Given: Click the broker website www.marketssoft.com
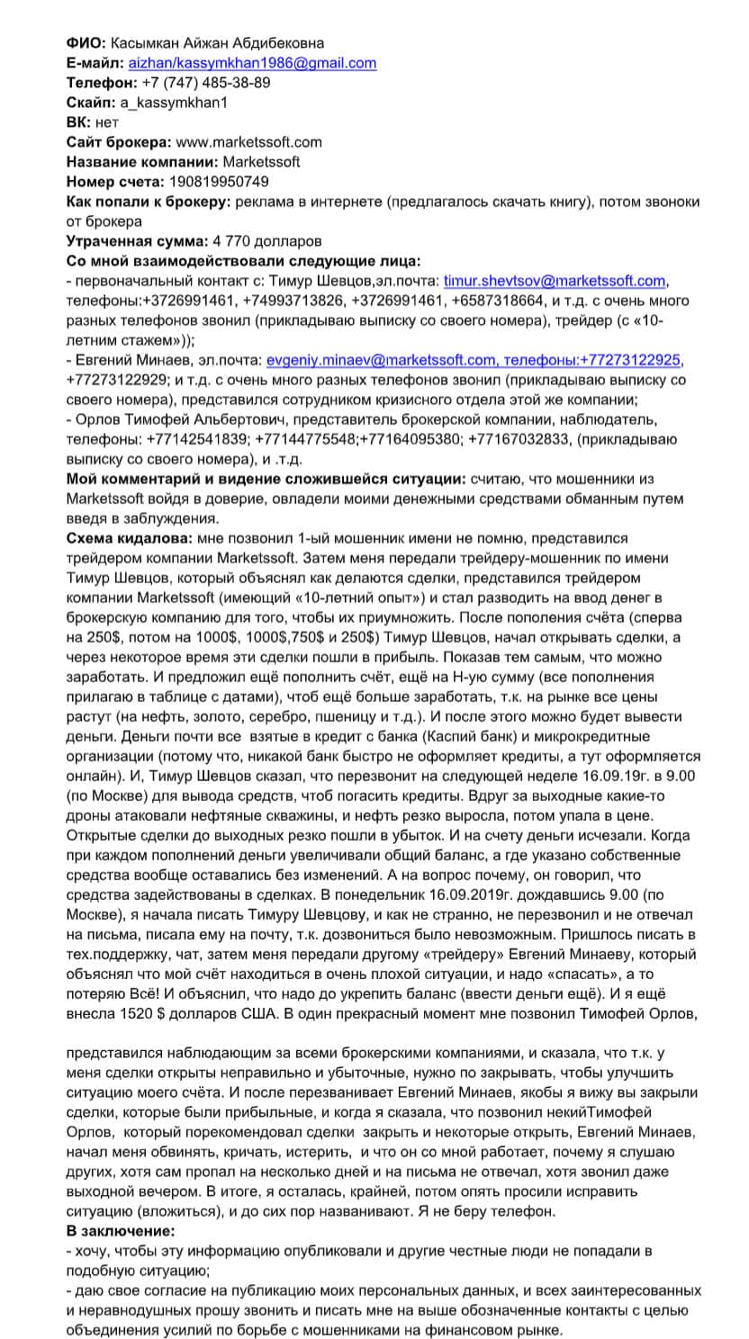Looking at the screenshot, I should [x=248, y=142].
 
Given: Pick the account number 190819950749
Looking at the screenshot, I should [x=218, y=182].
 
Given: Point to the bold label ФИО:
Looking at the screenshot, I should [x=86, y=43].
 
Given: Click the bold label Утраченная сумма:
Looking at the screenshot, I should [x=137, y=241].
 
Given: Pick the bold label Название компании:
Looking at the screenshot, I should [x=140, y=162].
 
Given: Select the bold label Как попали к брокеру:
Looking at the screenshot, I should [x=149, y=202].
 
